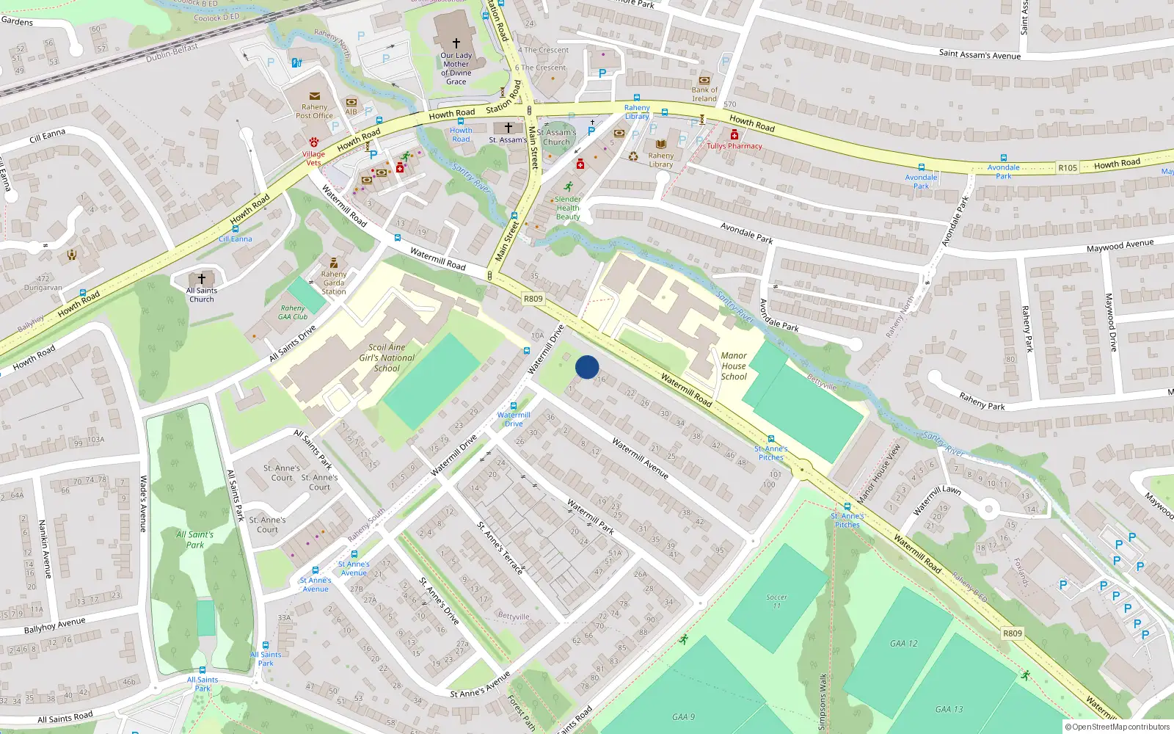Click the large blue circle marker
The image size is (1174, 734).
point(587,367)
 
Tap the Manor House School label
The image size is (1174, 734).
point(734,366)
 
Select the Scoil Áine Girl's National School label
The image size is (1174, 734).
point(387,357)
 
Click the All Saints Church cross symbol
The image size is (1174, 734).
point(202,279)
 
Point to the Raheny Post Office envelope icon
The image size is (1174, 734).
point(315,96)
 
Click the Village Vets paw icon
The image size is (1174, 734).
point(314,142)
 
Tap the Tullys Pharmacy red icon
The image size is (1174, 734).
point(734,134)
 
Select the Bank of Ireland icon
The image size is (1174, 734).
point(704,80)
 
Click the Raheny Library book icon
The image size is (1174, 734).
point(661,145)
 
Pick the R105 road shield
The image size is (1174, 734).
point(1068,168)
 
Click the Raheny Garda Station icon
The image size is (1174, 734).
point(334,263)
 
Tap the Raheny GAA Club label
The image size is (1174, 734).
point(293,313)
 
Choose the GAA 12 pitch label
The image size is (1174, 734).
point(904,644)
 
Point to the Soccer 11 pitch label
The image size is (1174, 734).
point(776,601)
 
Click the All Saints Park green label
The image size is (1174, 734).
point(195,539)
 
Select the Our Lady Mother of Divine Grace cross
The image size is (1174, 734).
point(456,43)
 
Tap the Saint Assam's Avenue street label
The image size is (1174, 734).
point(980,54)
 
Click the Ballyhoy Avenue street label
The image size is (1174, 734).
point(54,625)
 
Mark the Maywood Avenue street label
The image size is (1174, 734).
point(1120,246)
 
